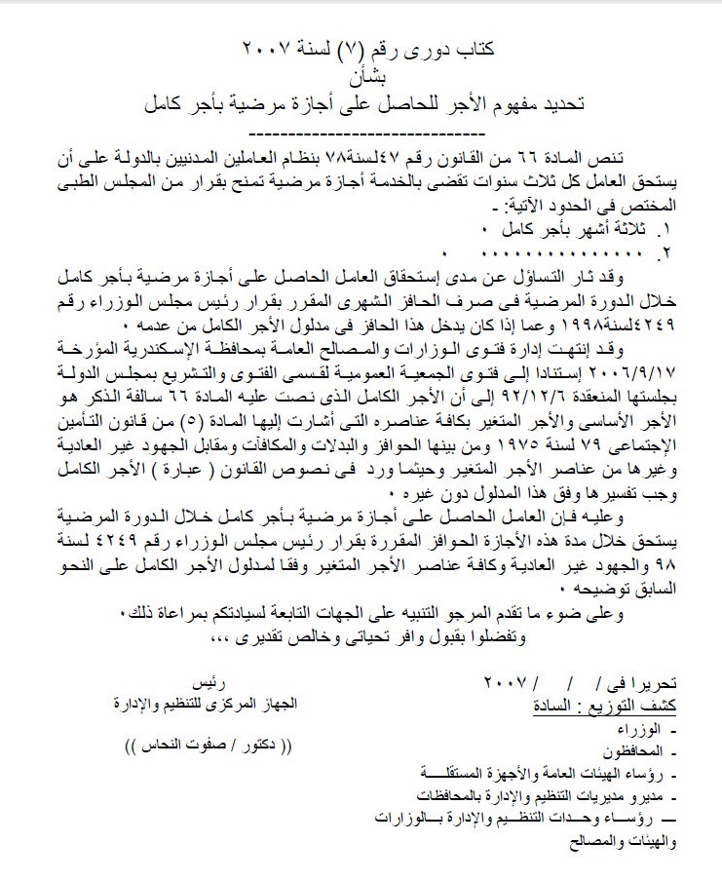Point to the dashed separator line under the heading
tap(360, 131)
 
